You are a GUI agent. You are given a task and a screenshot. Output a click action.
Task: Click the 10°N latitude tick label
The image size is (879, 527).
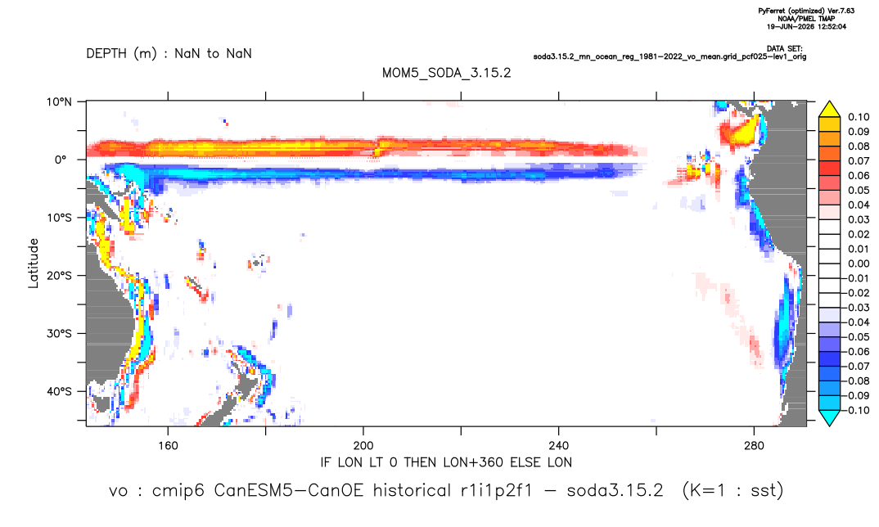coord(59,102)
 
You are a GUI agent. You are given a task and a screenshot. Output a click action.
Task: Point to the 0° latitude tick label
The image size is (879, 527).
coord(61,160)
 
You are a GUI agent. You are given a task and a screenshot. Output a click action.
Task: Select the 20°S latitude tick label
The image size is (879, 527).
coord(59,276)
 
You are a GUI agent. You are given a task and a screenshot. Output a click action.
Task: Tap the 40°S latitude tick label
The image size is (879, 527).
coord(59,391)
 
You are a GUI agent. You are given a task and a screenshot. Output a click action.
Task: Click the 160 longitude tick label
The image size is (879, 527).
coord(168,446)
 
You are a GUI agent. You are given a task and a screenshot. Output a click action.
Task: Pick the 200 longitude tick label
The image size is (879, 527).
coord(363,446)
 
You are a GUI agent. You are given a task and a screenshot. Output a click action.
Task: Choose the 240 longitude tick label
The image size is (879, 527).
coord(559,446)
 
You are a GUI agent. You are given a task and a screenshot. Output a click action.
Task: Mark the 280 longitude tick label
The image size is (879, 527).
coord(754,446)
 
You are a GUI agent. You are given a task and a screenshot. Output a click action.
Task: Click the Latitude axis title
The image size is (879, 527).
coord(34,263)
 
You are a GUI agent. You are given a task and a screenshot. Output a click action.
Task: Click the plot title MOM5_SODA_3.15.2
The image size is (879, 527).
coord(447,73)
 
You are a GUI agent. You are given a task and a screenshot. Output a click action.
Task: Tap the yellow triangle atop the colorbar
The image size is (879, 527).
coord(829,109)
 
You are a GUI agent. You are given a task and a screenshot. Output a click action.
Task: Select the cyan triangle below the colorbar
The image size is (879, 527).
coord(829,418)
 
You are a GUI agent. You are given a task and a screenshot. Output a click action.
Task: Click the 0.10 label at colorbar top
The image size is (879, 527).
coord(859,117)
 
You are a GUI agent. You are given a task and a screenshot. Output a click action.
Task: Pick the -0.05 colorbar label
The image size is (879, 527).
coord(856,337)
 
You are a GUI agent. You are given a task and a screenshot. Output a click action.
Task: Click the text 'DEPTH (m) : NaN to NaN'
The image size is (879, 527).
coord(169,54)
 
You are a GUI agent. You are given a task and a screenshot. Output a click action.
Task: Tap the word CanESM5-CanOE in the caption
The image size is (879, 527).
coord(289,490)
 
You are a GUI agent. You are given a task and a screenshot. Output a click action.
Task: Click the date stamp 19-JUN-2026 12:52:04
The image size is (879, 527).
coord(807,26)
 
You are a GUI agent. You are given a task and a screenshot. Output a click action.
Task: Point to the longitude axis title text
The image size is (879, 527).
coord(446,462)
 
